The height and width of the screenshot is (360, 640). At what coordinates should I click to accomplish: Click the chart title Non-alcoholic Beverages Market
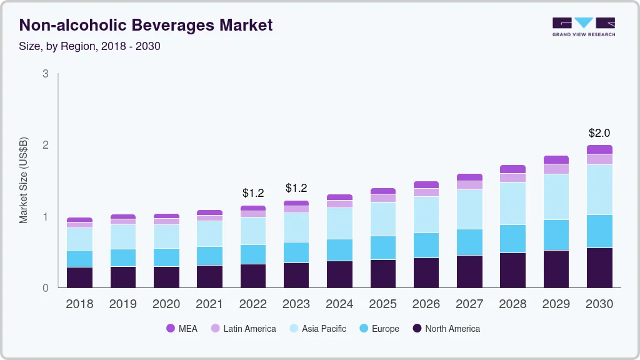pyautogui.click(x=146, y=26)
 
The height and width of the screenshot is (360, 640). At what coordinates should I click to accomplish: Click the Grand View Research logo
pyautogui.click(x=583, y=27)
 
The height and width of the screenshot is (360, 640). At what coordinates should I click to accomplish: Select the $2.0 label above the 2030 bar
pyautogui.click(x=599, y=133)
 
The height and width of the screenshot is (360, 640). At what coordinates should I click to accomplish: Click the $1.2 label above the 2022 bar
pyautogui.click(x=253, y=192)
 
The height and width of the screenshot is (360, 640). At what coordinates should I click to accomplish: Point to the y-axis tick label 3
pyautogui.click(x=45, y=74)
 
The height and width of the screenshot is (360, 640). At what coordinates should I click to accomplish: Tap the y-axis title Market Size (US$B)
pyautogui.click(x=24, y=180)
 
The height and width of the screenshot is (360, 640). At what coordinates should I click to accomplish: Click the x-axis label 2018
pyautogui.click(x=79, y=304)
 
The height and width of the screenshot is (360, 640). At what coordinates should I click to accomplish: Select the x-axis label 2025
pyautogui.click(x=382, y=304)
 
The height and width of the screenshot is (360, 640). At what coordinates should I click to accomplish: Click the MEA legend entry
pyautogui.click(x=182, y=328)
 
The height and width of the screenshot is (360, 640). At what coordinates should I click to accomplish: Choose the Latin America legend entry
pyautogui.click(x=243, y=328)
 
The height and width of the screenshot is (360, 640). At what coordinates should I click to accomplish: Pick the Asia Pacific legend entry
pyautogui.click(x=317, y=328)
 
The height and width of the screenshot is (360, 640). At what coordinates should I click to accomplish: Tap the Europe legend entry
pyautogui.click(x=379, y=328)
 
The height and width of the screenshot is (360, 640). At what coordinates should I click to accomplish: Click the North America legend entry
pyautogui.click(x=446, y=328)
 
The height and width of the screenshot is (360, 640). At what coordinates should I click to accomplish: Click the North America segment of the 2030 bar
pyautogui.click(x=599, y=267)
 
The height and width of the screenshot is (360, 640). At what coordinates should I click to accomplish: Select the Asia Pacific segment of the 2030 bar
pyautogui.click(x=599, y=189)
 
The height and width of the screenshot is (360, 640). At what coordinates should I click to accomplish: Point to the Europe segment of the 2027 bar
pyautogui.click(x=469, y=242)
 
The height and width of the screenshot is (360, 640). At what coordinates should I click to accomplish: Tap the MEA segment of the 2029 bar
pyautogui.click(x=556, y=159)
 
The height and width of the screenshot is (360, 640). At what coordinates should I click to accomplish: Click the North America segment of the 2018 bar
pyautogui.click(x=79, y=277)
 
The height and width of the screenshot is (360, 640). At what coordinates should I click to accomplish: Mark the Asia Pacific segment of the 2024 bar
pyautogui.click(x=339, y=223)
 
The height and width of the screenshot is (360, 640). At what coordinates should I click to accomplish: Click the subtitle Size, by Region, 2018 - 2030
pyautogui.click(x=90, y=46)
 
